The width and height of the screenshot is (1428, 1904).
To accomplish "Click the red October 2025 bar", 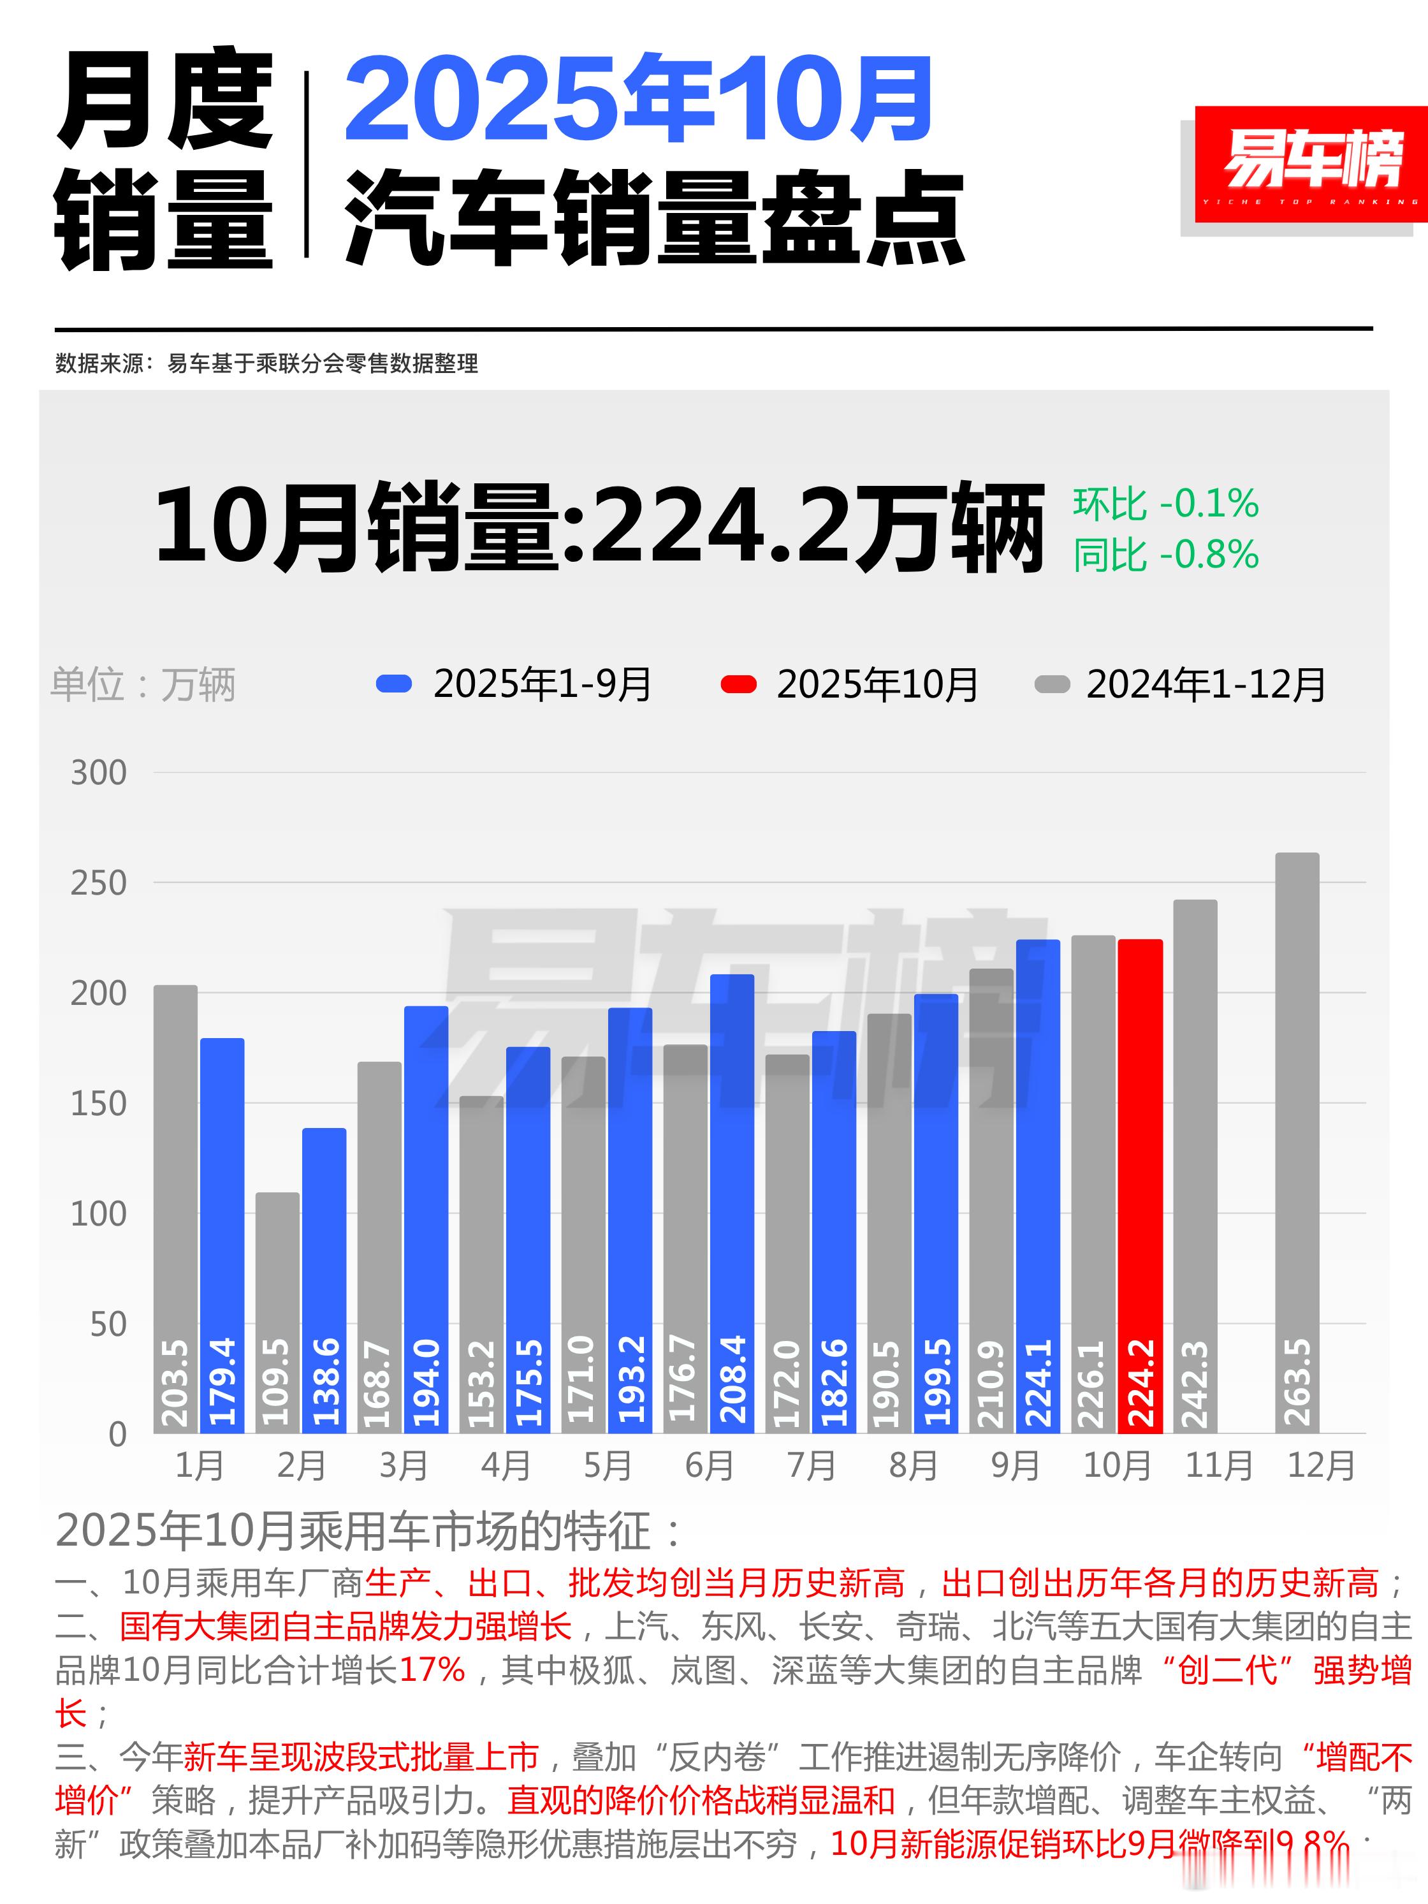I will pyautogui.click(x=1140, y=1188).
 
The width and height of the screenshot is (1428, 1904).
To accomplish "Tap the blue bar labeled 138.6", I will pyautogui.click(x=324, y=1282).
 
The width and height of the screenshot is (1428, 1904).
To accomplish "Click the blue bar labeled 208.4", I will pyautogui.click(x=732, y=1205).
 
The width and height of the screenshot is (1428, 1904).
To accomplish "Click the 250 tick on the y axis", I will pyautogui.click(x=98, y=883).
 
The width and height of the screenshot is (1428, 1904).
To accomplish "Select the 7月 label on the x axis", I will pyautogui.click(x=811, y=1465).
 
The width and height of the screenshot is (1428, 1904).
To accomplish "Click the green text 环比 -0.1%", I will pyautogui.click(x=1165, y=504).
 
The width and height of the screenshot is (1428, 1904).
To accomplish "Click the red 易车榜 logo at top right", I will pyautogui.click(x=1310, y=163).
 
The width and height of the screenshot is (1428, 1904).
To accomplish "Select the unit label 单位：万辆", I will pyautogui.click(x=143, y=685).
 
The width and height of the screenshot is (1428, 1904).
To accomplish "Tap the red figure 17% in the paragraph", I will pyautogui.click(x=432, y=1670).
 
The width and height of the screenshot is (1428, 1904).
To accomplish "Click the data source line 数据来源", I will pyautogui.click(x=267, y=363).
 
